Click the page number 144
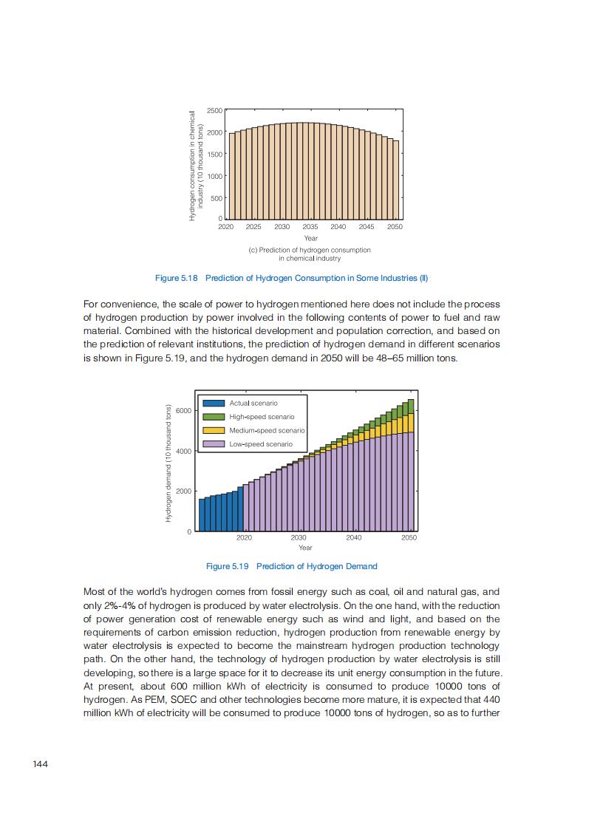click(41, 763)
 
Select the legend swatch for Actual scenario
click(214, 403)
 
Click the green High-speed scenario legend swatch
click(214, 417)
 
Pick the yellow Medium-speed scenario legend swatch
click(214, 430)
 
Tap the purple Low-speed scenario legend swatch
click(214, 444)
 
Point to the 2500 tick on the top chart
click(214, 110)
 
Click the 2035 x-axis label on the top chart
click(310, 227)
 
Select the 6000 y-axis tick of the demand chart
click(184, 410)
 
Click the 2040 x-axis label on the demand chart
click(354, 537)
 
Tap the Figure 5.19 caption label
click(228, 566)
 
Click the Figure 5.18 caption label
click(177, 278)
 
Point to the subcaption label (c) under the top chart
click(253, 250)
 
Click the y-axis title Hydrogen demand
click(168, 464)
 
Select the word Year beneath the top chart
click(310, 238)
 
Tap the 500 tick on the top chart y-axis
click(217, 198)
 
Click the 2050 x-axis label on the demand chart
click(409, 537)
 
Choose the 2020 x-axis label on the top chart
click(225, 227)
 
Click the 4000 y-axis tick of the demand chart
click(184, 451)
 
